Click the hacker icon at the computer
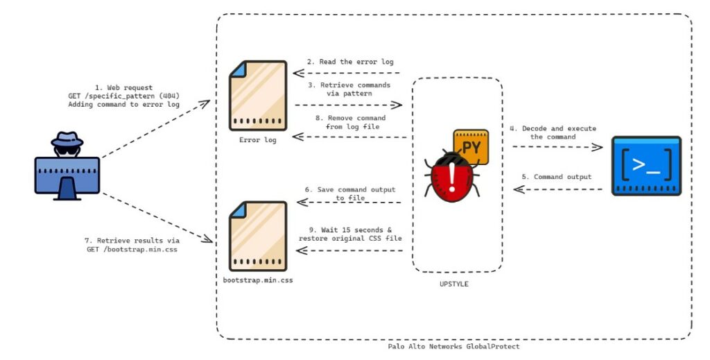tap(67, 164)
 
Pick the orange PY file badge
tap(471, 146)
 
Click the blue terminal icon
tap(646, 165)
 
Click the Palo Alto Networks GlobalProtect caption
tap(453, 346)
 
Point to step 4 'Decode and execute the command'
tap(553, 132)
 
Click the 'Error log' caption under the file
tap(257, 140)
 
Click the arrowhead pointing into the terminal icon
tap(598, 147)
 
